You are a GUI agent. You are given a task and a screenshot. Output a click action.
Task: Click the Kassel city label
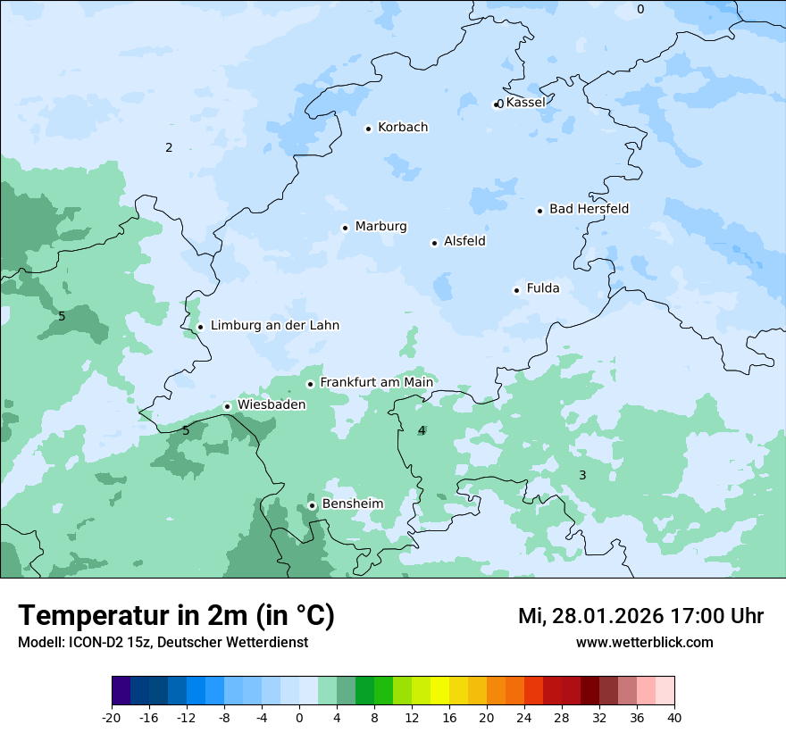coord(525,103)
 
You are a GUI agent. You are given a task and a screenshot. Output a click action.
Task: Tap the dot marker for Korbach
coord(368,129)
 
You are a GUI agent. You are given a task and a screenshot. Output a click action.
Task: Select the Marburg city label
coord(380,227)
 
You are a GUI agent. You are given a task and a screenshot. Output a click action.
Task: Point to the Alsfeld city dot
coord(434,243)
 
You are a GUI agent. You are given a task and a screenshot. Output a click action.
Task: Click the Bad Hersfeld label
coord(589,209)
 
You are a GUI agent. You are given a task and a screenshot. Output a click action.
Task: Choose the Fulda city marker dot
coord(516,290)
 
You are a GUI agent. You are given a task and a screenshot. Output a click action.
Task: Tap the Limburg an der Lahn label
coord(274,326)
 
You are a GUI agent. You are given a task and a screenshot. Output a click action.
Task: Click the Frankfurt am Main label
coord(376,382)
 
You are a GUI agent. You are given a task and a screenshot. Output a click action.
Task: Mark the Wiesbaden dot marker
coord(227,407)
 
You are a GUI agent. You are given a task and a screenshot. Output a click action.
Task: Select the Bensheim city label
coord(352,504)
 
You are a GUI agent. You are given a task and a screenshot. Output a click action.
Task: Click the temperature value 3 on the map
coord(582,475)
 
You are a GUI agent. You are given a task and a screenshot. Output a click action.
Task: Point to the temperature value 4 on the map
coord(422,430)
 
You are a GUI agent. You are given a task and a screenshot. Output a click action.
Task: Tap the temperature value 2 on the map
coord(169,147)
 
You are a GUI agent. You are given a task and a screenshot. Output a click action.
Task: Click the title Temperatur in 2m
coord(176,616)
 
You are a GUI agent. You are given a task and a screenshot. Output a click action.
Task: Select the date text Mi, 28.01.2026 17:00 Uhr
coord(640,616)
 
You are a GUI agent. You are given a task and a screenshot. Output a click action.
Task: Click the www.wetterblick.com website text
coord(644,642)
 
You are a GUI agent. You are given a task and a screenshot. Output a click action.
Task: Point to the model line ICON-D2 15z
coord(163,642)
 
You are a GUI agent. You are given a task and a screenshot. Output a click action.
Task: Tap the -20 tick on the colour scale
coord(112,718)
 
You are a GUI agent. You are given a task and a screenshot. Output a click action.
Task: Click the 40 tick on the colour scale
coord(674,718)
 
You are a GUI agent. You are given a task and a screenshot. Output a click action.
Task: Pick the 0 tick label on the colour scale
coord(299,718)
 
